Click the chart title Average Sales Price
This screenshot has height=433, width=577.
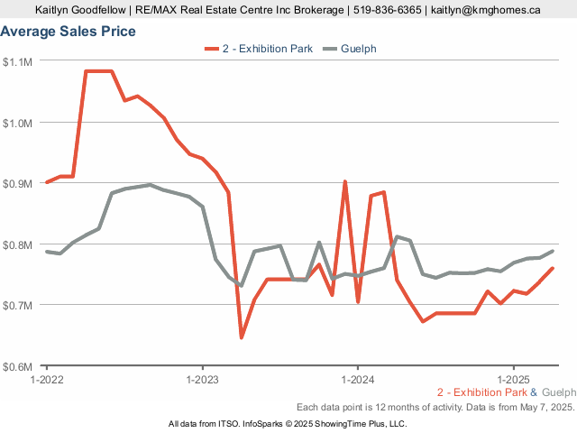[69, 32]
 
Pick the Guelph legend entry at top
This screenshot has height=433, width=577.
[359, 48]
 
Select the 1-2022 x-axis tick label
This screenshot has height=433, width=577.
[47, 379]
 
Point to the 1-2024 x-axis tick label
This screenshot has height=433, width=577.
[358, 379]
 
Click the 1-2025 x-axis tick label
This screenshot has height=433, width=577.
[513, 379]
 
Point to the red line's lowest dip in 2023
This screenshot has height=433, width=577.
[242, 337]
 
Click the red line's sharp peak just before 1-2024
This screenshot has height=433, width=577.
[344, 181]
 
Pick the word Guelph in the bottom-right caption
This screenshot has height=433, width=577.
[558, 392]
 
